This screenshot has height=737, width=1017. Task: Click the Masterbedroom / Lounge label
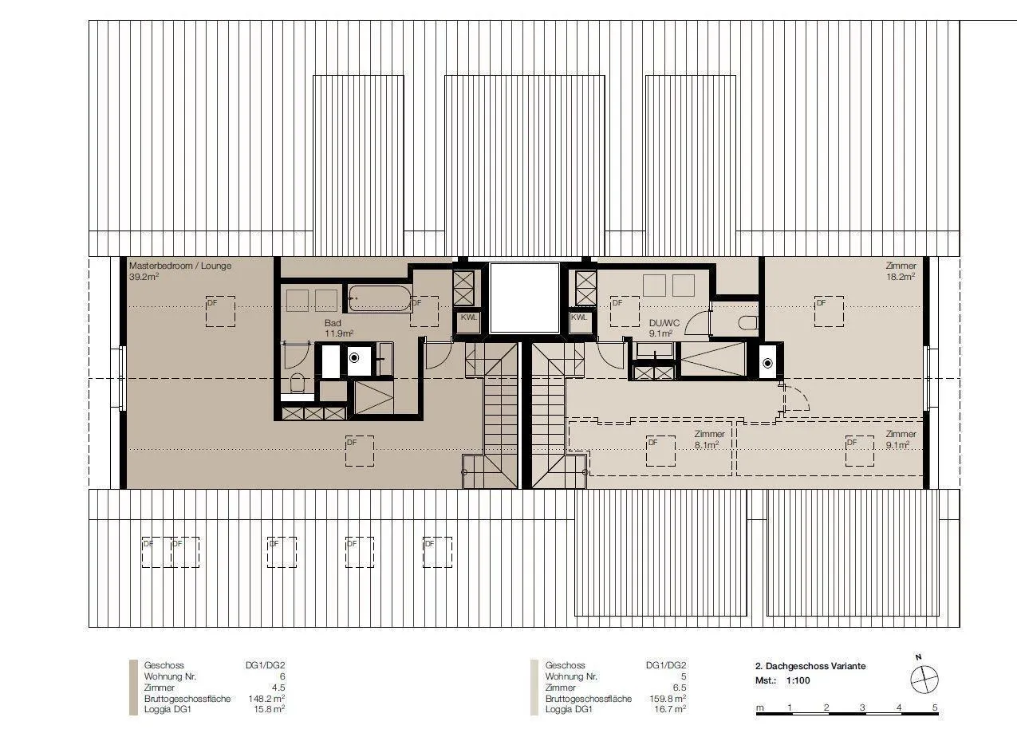(180, 266)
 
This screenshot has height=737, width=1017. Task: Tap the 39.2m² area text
(144, 277)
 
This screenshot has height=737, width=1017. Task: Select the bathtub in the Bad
(380, 298)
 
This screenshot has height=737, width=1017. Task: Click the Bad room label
(333, 323)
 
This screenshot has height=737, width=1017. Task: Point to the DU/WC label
(664, 323)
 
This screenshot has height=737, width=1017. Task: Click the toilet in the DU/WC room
(747, 323)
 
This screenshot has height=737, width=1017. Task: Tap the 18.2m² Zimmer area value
(901, 277)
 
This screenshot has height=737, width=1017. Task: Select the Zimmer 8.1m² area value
(706, 445)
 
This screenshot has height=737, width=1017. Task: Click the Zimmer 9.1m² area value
(897, 445)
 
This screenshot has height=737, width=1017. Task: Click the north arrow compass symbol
(924, 680)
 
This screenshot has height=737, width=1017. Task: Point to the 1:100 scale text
(798, 680)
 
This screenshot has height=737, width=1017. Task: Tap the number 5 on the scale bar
(935, 707)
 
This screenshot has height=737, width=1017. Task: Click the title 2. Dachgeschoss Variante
(810, 666)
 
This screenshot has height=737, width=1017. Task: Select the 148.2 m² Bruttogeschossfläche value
(266, 699)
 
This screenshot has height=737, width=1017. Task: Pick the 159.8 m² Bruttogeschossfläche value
(668, 699)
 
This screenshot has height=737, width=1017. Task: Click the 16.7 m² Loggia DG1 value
(670, 709)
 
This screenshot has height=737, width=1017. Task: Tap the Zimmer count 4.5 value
(278, 688)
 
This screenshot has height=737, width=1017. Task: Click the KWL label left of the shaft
(468, 317)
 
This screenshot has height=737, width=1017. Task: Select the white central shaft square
(524, 298)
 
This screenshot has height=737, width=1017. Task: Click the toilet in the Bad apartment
(298, 383)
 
